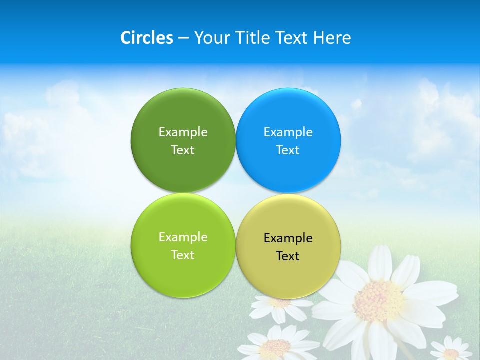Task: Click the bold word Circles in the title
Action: click(146, 38)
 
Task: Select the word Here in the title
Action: click(332, 38)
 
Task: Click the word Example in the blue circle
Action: click(288, 132)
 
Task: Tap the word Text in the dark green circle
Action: click(183, 150)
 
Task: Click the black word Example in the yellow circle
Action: click(288, 238)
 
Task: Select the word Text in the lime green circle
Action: click(183, 255)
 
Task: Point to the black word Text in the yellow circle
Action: click(288, 256)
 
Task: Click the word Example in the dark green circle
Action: click(183, 132)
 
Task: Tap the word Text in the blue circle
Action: click(288, 150)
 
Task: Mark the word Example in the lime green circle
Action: click(183, 237)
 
